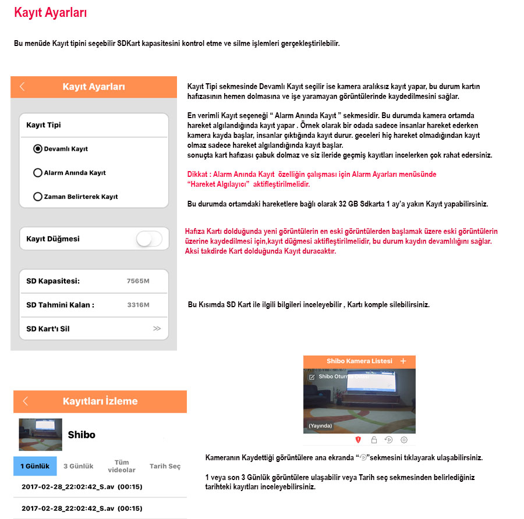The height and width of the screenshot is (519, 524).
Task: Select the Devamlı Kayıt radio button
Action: coord(38,149)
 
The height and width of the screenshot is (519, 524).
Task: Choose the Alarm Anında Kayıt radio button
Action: coord(38,173)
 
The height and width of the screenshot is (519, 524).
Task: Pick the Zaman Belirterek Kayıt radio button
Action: coord(38,197)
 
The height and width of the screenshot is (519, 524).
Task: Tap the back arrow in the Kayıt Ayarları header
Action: coord(22,87)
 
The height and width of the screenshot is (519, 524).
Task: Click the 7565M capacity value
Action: coord(138,282)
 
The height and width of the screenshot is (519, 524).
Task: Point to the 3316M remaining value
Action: coord(138,305)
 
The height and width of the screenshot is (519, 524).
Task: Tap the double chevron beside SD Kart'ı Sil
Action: coord(157,329)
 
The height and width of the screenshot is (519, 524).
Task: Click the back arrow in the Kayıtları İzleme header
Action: coord(25,401)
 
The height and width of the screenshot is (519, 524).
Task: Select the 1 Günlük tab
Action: coord(35,466)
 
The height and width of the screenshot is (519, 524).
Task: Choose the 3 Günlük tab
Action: coord(79,466)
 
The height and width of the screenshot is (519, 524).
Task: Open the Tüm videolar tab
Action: coord(122,466)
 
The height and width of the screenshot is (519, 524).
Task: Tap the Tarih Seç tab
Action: coord(165,466)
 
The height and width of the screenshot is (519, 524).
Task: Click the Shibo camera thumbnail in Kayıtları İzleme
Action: coord(41,435)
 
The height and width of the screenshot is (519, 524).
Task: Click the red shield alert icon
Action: coord(359,440)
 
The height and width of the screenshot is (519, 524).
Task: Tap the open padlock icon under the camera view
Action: coord(374,440)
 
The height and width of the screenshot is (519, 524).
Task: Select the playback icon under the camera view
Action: coord(389,440)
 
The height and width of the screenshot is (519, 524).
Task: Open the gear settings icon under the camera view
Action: coord(404,440)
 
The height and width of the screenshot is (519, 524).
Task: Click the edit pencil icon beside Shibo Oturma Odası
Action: coord(312,377)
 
